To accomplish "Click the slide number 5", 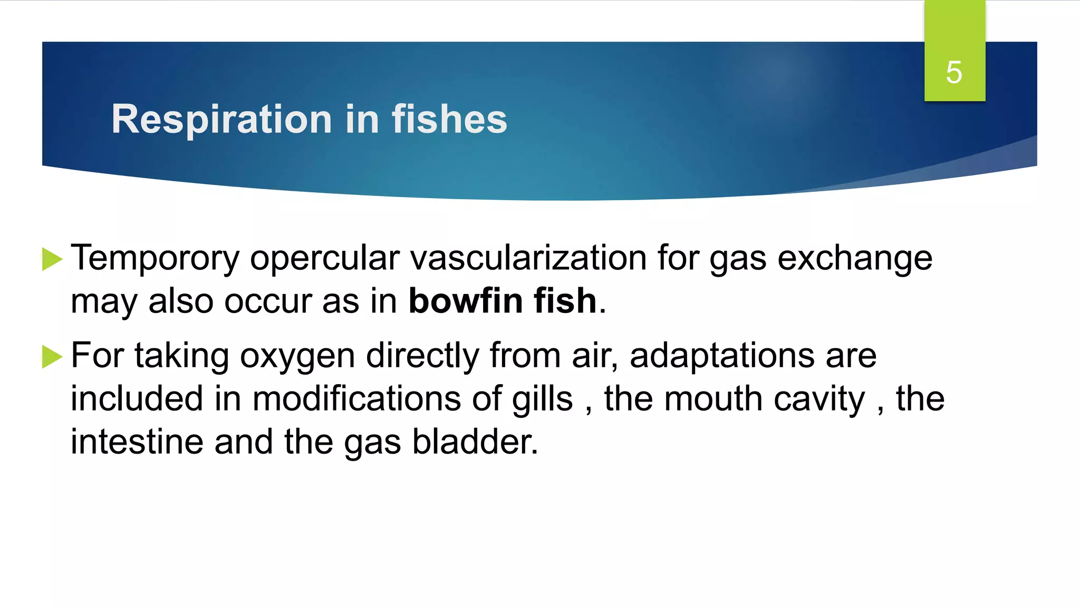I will coord(954,72).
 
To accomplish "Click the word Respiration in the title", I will coord(221,119).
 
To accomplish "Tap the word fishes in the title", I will coord(449,119).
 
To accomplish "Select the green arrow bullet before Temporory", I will coord(52,259).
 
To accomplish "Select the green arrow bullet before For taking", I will coord(52,357).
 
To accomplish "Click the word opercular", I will coord(324,258).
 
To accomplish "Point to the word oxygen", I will coord(297,357).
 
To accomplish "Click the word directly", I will coord(422,356).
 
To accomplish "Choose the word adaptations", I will coord(722,356).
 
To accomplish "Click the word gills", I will coord(542,399).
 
